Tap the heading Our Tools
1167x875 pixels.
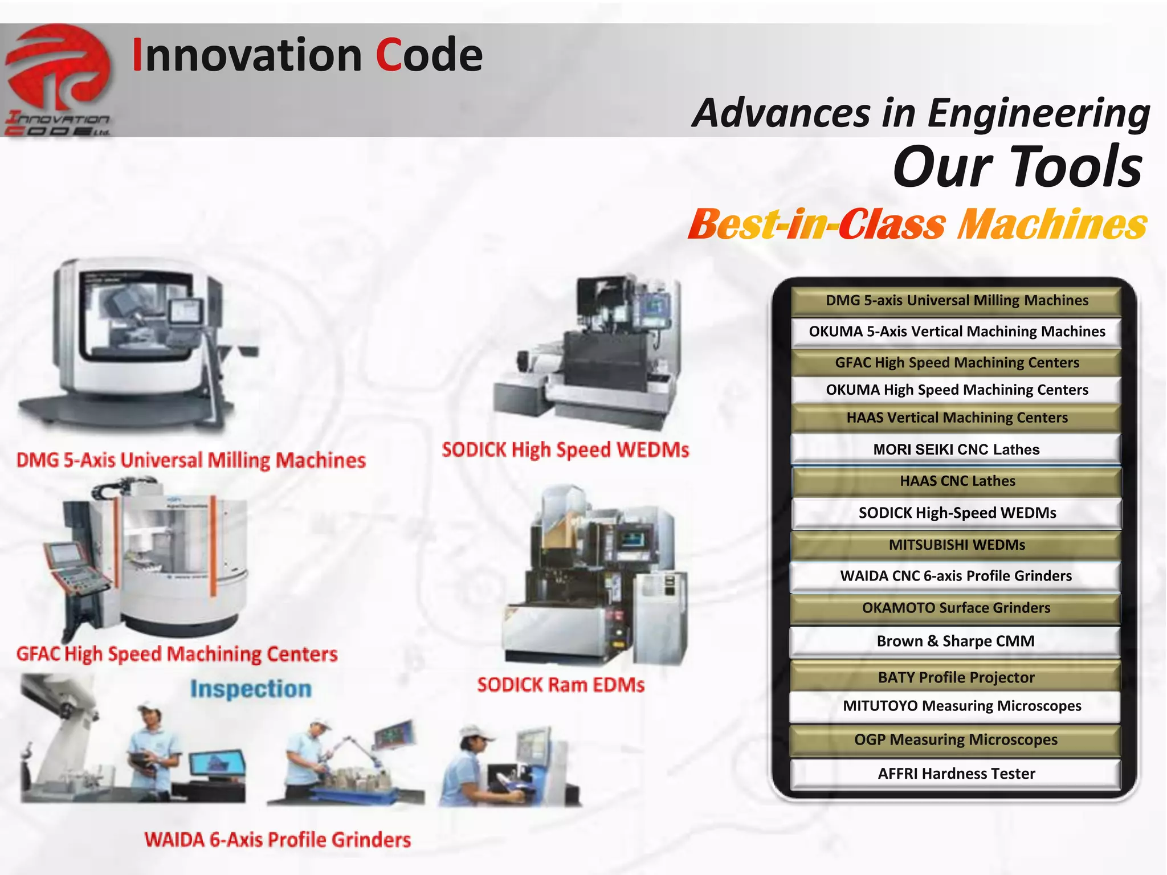(x=1018, y=166)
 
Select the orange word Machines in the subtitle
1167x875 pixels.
(x=1052, y=224)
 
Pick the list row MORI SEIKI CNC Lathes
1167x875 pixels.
(x=956, y=449)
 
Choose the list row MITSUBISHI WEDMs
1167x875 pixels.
(x=956, y=545)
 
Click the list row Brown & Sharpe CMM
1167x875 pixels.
(x=955, y=641)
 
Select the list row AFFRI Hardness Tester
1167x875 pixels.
(x=956, y=774)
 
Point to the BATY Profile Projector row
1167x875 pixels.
(x=956, y=677)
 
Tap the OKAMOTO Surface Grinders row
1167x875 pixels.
(x=956, y=608)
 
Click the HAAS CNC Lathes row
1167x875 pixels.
(x=957, y=481)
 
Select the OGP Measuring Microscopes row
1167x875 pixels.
(x=955, y=740)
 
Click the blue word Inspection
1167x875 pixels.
(x=251, y=689)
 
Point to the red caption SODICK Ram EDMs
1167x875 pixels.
(x=561, y=684)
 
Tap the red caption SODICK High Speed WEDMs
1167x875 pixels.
(x=565, y=450)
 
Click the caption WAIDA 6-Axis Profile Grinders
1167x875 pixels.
(x=278, y=840)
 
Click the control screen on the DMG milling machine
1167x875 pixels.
(x=185, y=313)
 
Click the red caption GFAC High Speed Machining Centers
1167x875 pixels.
(x=177, y=654)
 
